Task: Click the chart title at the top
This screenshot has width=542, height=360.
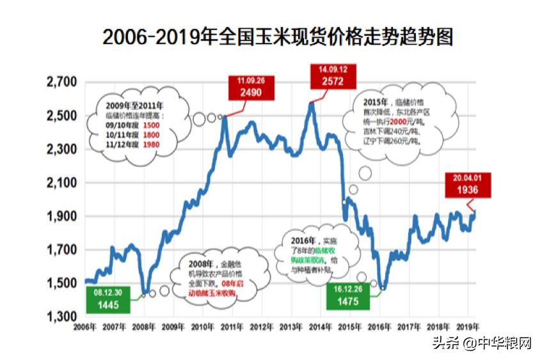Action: click(277, 36)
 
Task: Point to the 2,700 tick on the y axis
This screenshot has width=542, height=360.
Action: click(62, 82)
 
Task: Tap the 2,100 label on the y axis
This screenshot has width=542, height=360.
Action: click(62, 183)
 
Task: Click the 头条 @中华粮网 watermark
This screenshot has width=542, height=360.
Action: click(482, 343)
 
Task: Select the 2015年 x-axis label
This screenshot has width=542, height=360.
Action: click(349, 327)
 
